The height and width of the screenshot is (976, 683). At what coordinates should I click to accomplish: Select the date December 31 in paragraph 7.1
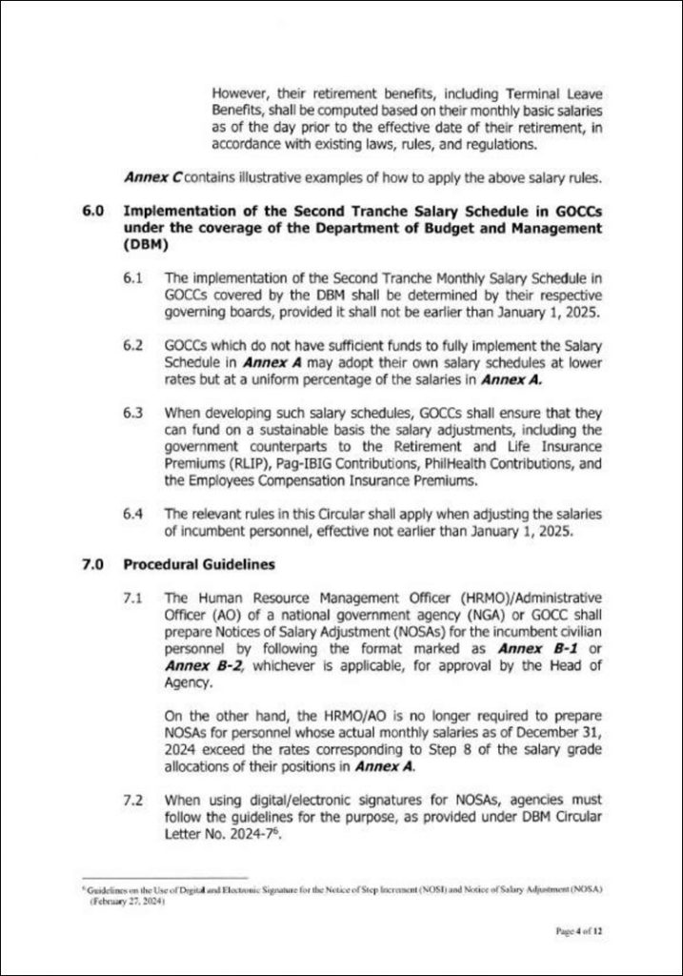pyautogui.click(x=561, y=716)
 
